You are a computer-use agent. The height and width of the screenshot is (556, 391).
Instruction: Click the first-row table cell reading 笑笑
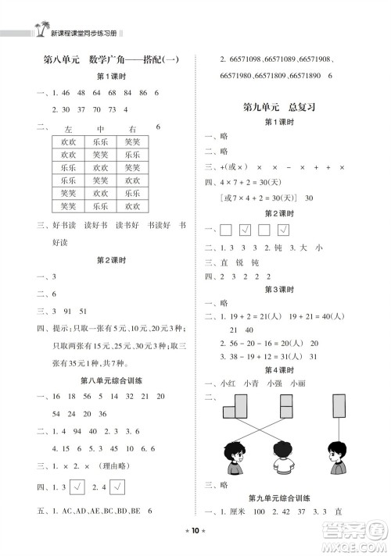click(132, 142)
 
